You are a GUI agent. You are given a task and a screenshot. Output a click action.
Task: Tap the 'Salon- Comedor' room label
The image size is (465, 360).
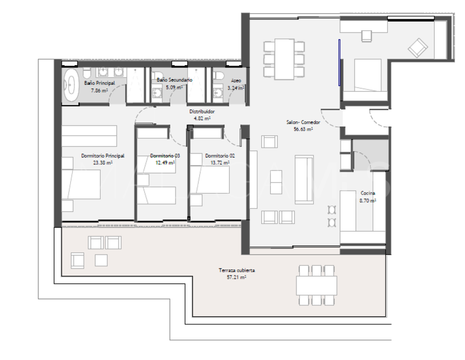(x=300, y=123)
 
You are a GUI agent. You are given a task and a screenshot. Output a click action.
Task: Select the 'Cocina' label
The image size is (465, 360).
(x=367, y=193)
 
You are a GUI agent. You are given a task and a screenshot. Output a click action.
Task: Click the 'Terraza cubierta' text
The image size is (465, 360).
(x=237, y=271)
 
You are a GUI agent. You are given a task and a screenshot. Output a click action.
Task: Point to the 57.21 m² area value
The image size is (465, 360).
(x=237, y=278)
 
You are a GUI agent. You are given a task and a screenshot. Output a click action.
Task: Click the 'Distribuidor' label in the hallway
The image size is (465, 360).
(x=202, y=111)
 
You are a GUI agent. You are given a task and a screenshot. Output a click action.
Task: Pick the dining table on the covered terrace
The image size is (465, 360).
(x=317, y=285)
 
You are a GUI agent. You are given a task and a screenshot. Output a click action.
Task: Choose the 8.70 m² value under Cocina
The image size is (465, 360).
(x=367, y=199)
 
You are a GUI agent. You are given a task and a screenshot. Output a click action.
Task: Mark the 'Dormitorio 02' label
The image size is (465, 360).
(x=220, y=156)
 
